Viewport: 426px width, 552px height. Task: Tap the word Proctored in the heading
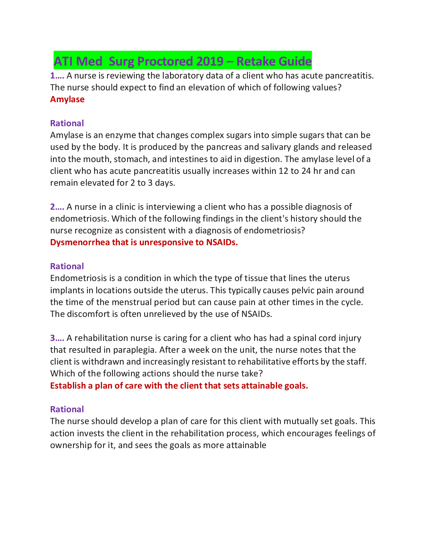point(165,61)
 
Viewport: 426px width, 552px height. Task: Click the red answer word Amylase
point(67,99)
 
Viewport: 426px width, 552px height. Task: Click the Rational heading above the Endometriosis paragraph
point(67,266)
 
